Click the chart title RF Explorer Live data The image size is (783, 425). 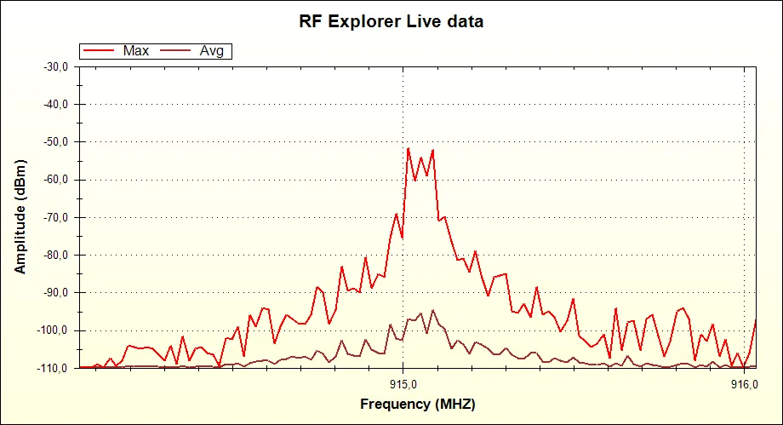tap(391, 21)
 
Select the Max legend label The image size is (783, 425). tap(136, 51)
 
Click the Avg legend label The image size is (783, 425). tap(211, 51)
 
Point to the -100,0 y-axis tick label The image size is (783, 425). tap(54, 330)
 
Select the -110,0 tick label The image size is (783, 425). tap(54, 368)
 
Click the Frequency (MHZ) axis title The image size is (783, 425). tap(417, 404)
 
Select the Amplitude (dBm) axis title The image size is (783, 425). tap(20, 217)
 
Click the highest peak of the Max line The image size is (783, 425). tap(409, 148)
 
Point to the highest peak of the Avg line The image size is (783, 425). tap(432, 310)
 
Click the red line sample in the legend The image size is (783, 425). tap(100, 51)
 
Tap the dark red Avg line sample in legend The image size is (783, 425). tap(176, 51)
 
